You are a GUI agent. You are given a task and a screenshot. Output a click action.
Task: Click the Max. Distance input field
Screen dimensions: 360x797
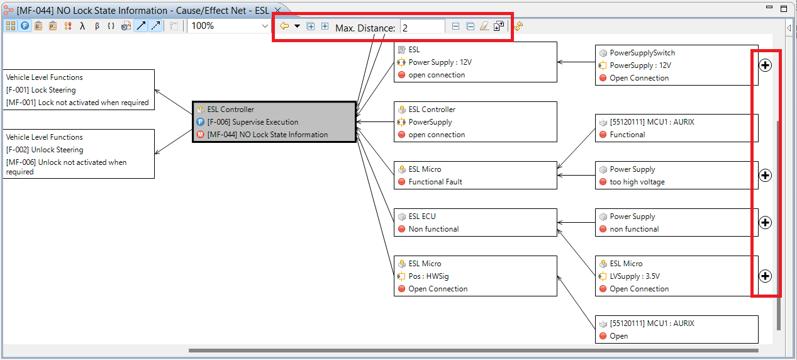click(x=422, y=28)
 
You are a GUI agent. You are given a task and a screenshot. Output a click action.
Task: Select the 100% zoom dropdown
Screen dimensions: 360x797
click(x=230, y=26)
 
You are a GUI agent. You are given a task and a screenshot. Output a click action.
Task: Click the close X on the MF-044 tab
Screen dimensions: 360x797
click(x=278, y=10)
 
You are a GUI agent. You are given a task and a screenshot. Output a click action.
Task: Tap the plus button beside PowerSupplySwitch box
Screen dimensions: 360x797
click(x=765, y=65)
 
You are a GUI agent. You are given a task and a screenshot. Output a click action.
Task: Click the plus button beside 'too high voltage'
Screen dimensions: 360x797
click(x=765, y=175)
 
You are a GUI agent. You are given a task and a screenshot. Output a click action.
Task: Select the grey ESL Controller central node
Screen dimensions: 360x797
click(x=274, y=121)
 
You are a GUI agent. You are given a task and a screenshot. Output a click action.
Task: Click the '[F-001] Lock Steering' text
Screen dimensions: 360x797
click(x=40, y=90)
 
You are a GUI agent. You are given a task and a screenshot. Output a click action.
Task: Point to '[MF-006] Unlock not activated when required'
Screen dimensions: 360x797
click(x=66, y=167)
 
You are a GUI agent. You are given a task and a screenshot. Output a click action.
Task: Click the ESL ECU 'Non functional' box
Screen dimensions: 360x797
click(x=475, y=223)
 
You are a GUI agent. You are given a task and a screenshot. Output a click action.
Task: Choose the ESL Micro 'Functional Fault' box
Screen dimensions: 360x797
click(x=475, y=176)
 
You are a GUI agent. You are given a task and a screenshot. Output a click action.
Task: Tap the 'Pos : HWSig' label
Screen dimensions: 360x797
click(x=428, y=276)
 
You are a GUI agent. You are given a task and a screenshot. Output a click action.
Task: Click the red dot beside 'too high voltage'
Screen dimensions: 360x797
click(x=603, y=182)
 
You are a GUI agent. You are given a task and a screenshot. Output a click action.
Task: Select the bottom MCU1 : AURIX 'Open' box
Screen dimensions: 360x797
click(x=676, y=329)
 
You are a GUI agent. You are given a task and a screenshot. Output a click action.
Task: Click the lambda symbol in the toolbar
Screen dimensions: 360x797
click(x=82, y=26)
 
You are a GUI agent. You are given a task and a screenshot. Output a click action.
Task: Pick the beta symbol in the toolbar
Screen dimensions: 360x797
click(x=97, y=26)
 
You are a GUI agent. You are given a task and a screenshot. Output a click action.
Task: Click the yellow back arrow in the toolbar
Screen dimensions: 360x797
click(x=284, y=26)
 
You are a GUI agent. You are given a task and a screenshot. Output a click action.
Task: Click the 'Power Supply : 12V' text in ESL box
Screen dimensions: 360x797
click(x=440, y=62)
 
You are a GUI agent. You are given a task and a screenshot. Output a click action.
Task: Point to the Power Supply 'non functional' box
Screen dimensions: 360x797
click(x=676, y=223)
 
